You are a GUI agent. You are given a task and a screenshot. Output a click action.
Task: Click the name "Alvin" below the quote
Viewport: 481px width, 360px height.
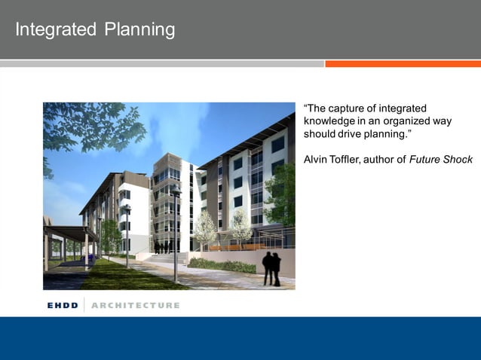coord(315,159)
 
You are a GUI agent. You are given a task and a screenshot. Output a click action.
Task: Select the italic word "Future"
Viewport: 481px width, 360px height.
coord(427,159)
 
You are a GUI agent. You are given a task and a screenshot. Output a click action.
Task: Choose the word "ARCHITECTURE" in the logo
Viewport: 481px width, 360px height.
coord(136,305)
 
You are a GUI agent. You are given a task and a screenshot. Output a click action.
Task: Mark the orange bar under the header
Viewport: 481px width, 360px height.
coord(403,64)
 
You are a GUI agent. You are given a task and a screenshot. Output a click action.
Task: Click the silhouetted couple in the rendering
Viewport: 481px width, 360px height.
coord(271,268)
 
